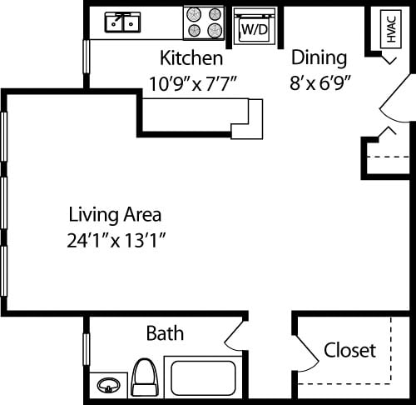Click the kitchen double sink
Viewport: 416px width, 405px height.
tap(122, 22)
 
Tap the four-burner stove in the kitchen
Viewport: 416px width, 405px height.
tap(204, 22)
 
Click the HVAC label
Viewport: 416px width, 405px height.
tap(390, 28)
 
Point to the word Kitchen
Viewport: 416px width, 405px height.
tap(191, 58)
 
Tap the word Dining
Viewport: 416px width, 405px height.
tap(318, 57)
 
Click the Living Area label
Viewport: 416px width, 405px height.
tap(115, 214)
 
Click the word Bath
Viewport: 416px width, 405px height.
tap(165, 334)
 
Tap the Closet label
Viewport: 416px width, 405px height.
tap(349, 350)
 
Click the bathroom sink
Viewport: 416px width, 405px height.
tap(109, 386)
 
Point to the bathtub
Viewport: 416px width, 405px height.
tap(203, 377)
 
